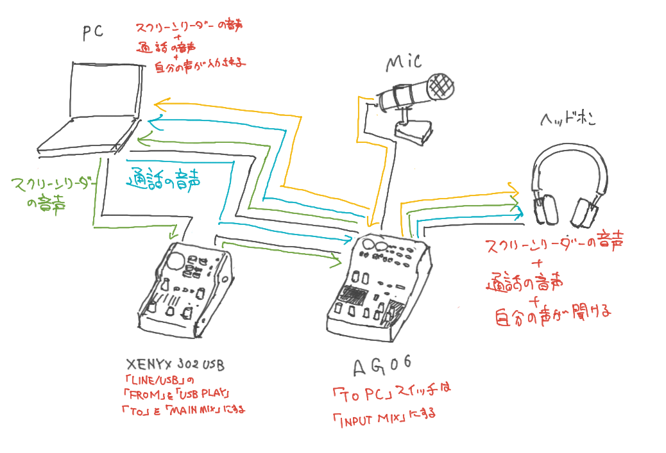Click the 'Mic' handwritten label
[x=403, y=63]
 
